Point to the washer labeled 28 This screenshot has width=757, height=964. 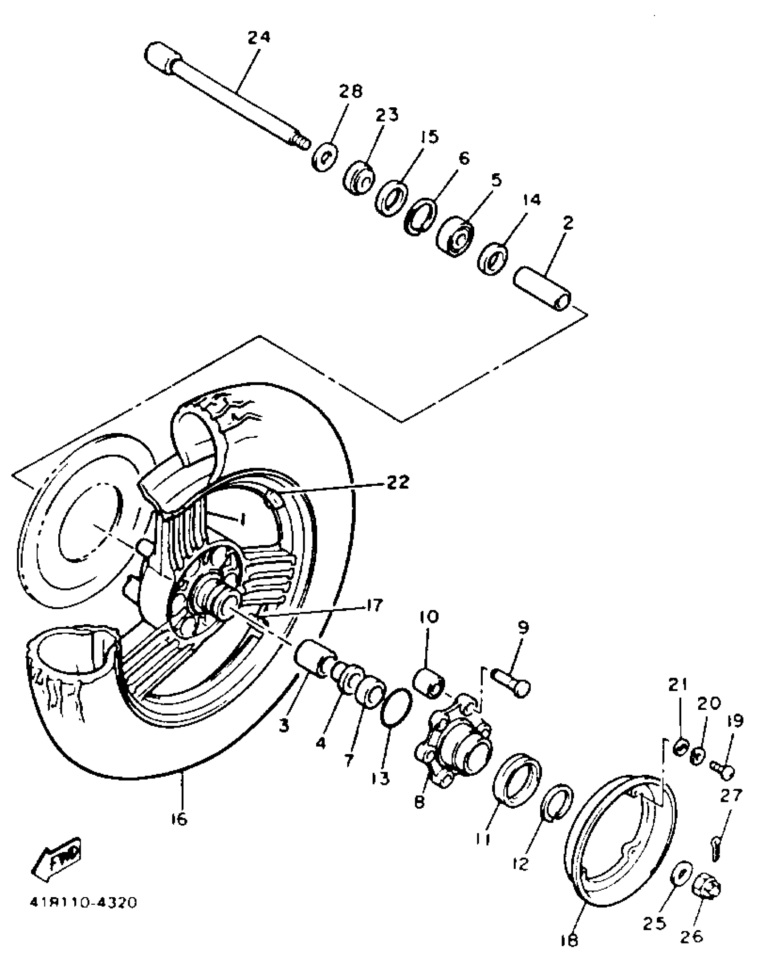[324, 157]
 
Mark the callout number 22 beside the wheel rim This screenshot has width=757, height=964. [397, 482]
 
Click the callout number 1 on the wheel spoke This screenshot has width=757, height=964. [243, 519]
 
